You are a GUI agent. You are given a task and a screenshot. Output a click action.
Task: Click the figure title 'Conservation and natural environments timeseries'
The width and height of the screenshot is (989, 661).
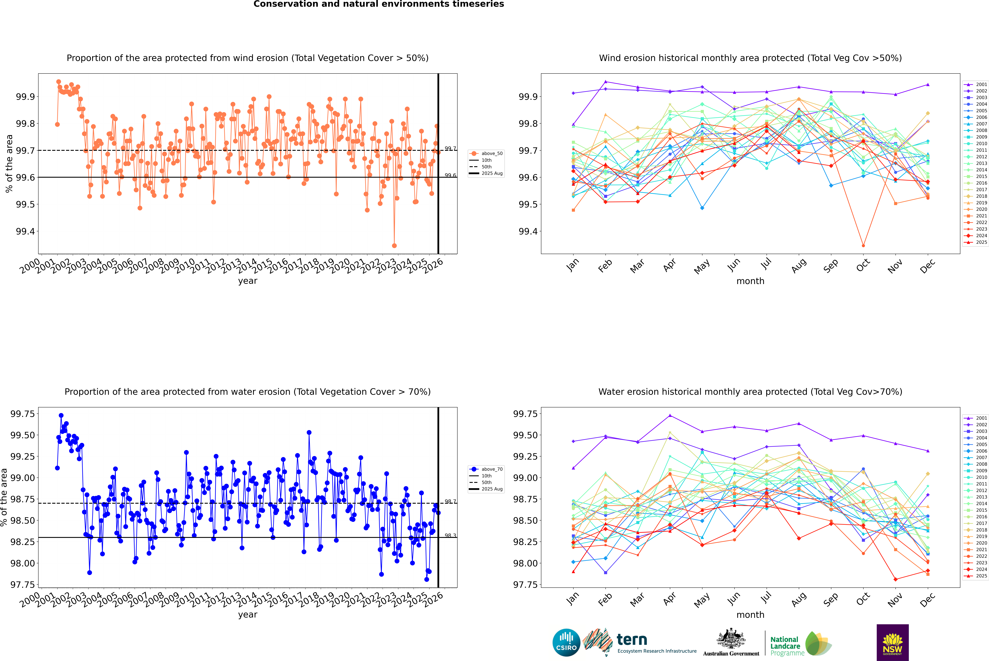(x=379, y=4)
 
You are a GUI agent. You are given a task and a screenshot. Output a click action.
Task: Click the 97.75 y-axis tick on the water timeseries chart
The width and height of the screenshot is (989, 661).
(x=22, y=585)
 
